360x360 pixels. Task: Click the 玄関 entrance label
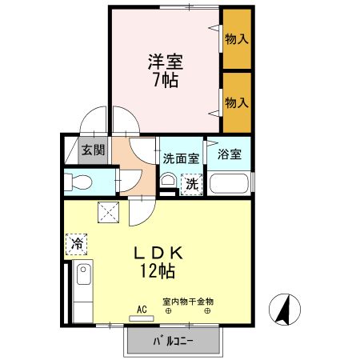(93, 150)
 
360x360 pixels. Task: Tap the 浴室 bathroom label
(230, 154)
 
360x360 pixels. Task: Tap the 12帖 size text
(160, 273)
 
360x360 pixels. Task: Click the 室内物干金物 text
(188, 302)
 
